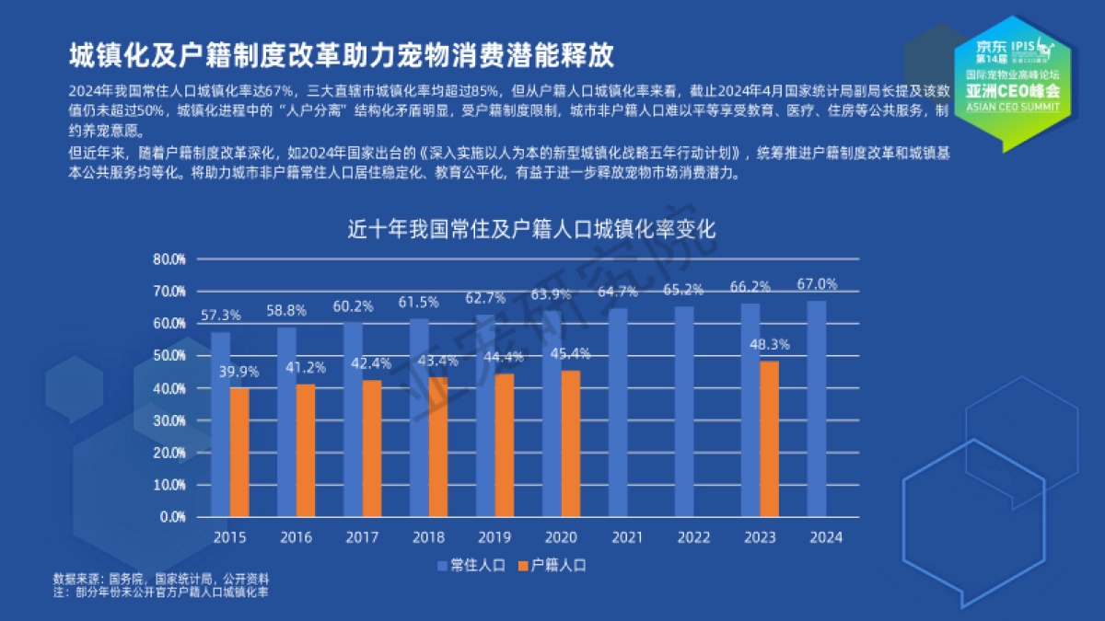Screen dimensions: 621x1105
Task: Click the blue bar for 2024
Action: point(816,408)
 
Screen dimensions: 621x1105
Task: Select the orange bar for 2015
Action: point(239,452)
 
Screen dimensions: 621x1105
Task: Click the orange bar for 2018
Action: point(438,446)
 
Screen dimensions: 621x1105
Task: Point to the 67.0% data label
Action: point(818,283)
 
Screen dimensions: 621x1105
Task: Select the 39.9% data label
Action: point(239,372)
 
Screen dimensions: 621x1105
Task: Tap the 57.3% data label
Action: point(220,315)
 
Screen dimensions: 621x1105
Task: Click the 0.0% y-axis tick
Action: point(172,517)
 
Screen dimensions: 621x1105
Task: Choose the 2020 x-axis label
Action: point(561,537)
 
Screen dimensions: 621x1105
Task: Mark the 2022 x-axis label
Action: point(692,537)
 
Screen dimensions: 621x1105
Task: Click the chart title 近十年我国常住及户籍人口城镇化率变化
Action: point(531,229)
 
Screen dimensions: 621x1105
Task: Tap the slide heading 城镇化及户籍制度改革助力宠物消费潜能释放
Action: point(342,55)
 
